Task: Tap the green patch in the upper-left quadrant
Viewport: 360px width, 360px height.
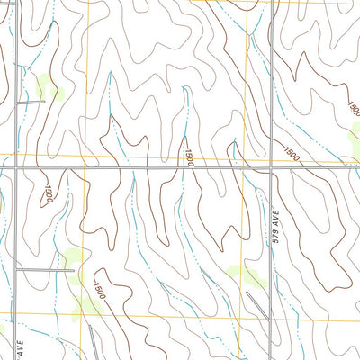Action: pos(45,88)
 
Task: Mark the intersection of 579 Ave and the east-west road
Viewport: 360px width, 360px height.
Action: pos(273,168)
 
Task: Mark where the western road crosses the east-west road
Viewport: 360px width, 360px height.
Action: pos(17,168)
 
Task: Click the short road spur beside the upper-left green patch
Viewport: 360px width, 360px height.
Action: pos(31,102)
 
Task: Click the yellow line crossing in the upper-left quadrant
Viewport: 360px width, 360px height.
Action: pos(85,150)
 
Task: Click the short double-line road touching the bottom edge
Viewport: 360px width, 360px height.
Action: pos(95,343)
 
